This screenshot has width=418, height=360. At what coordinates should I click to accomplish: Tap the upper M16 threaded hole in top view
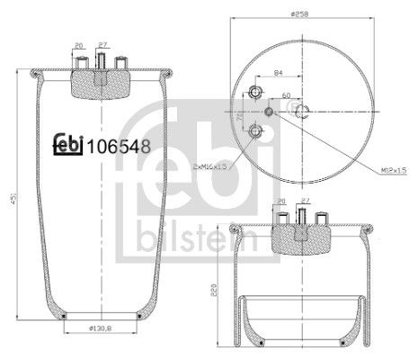pyautogui.click(x=255, y=94)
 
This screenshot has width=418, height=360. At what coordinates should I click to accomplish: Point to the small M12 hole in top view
pyautogui.click(x=271, y=112)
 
